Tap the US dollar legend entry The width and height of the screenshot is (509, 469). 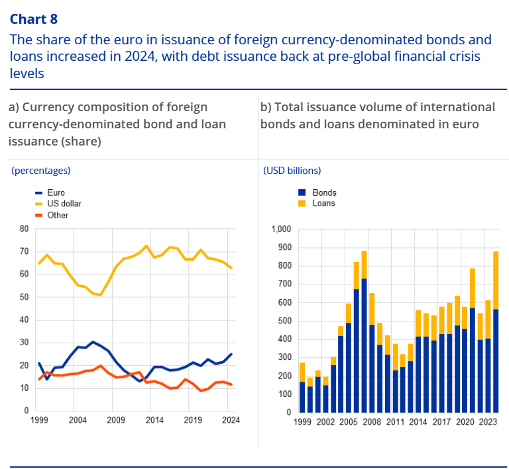coord(64,204)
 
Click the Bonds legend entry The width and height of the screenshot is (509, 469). coord(324,192)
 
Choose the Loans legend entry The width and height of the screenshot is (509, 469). coord(323,203)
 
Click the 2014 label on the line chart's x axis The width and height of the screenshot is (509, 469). coord(154,421)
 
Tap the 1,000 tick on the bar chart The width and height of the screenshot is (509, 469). coord(282,230)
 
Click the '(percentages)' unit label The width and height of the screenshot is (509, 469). coord(41,171)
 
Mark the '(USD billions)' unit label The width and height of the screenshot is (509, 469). coord(292,171)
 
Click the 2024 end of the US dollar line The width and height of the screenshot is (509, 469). coord(231,267)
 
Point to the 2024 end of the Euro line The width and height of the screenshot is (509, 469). coord(231,354)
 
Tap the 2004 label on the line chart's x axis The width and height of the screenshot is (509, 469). coord(78,421)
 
